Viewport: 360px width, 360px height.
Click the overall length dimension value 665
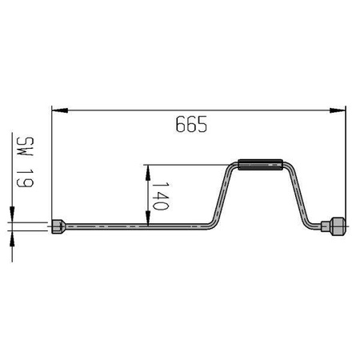(x=190, y=125)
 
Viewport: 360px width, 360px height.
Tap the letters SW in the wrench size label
(x=23, y=146)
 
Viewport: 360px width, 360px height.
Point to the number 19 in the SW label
(x=23, y=181)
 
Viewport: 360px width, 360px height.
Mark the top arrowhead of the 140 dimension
(x=148, y=170)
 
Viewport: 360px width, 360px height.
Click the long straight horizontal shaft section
(x=136, y=227)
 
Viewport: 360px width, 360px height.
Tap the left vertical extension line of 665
(x=51, y=160)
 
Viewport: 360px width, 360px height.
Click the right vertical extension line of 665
(x=345, y=160)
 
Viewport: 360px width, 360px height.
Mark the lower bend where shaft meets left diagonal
(x=210, y=225)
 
